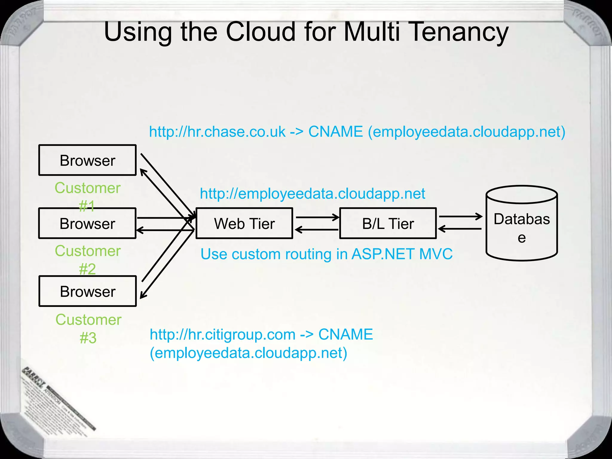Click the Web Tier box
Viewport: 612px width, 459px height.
(244, 223)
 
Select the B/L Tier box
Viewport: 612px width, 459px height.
(388, 223)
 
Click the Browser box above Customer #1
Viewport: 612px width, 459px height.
(87, 160)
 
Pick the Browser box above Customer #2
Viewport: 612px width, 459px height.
(87, 223)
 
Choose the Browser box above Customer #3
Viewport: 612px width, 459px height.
(87, 291)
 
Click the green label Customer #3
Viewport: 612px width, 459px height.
(88, 328)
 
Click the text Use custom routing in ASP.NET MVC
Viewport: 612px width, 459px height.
(326, 254)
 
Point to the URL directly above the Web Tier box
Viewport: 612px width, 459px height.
(312, 194)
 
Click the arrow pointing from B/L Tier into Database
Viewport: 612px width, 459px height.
(460, 216)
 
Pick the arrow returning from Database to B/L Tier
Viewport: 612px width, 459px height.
(460, 229)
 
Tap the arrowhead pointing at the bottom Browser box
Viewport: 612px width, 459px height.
(143, 296)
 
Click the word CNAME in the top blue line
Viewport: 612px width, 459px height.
(335, 132)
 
